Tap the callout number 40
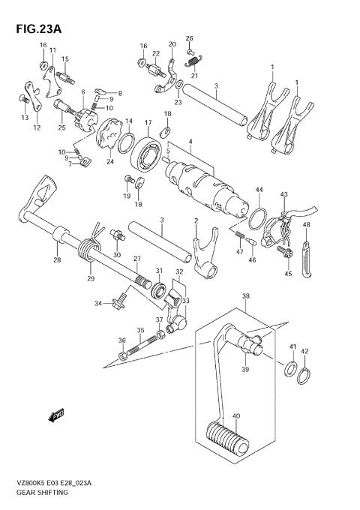[x=236, y=417]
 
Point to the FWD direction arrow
[x=58, y=414]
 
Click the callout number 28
[x=56, y=259]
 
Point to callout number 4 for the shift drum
[x=190, y=142]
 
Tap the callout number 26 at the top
[x=189, y=37]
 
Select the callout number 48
[x=306, y=224]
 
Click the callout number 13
[x=25, y=118]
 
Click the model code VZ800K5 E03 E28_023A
[x=51, y=484]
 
